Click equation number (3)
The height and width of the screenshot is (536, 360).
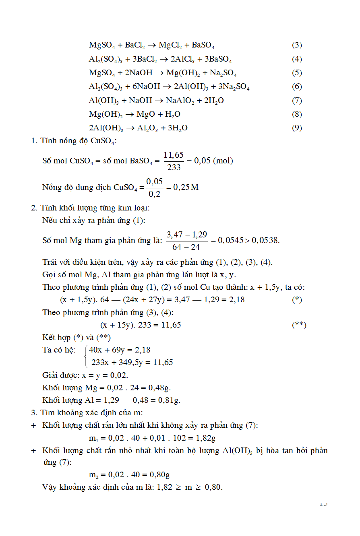tap(297, 45)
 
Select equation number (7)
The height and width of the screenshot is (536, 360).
tap(297, 101)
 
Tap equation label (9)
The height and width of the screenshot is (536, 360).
tap(297, 128)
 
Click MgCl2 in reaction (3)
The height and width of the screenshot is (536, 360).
tap(170, 45)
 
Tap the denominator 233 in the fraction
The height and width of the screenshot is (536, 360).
tap(174, 167)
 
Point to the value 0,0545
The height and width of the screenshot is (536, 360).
tap(230, 241)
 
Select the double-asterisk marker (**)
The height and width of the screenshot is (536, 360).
tap(299, 325)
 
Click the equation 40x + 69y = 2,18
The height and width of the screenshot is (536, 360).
tap(120, 350)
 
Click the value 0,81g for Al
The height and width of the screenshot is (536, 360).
tap(168, 400)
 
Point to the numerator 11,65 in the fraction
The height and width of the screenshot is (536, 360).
tap(174, 155)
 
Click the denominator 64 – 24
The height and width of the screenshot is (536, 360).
tap(186, 247)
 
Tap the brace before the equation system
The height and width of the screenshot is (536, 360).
tap(86, 356)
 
